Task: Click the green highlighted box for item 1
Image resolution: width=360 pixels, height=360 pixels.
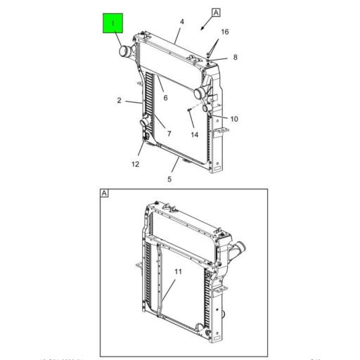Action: coord(112,25)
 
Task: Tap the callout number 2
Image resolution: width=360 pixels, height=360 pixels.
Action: coord(120,101)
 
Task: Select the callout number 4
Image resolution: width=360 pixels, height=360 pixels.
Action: coord(181,22)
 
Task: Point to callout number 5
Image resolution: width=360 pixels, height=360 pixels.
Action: coord(169,179)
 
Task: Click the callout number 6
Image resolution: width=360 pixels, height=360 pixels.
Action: coord(165,98)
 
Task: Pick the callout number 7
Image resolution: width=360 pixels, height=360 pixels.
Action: coord(169,134)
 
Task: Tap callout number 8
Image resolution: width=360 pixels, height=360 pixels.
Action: coord(235,58)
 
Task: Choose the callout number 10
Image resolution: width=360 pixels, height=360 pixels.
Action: coord(234,119)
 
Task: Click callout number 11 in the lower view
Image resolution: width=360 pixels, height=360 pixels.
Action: coord(178,271)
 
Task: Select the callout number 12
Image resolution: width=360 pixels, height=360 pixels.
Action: coord(135,164)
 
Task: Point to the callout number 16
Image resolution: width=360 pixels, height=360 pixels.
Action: coord(225,32)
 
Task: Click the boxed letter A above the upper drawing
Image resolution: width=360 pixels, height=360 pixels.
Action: coord(216,13)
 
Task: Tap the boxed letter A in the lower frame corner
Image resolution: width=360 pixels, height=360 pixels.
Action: coord(104,193)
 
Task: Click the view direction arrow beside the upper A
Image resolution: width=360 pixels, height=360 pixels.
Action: coord(203,26)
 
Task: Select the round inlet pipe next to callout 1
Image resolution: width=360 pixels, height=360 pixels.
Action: coord(124,52)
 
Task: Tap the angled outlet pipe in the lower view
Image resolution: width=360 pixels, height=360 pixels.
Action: coord(237,250)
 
